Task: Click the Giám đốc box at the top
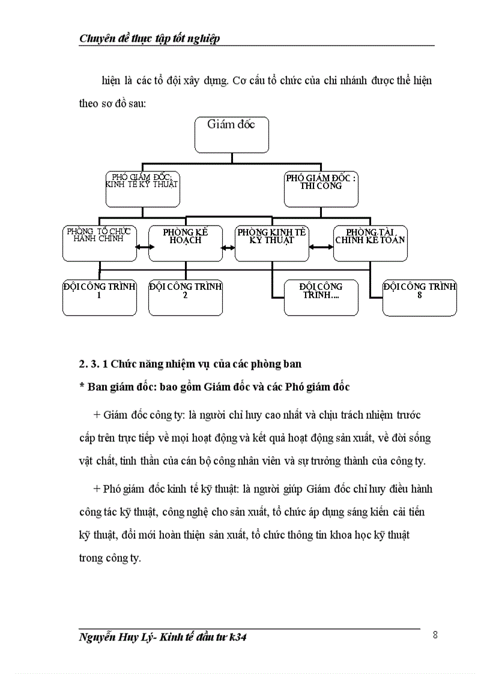(x=231, y=134)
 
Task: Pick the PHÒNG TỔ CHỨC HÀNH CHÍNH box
(x=100, y=243)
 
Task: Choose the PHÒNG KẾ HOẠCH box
(x=185, y=243)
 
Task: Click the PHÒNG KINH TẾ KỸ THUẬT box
(x=272, y=243)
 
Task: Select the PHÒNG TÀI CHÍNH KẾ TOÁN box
(x=370, y=243)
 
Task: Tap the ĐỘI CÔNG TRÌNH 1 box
(x=100, y=297)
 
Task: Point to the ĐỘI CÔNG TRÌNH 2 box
(x=185, y=297)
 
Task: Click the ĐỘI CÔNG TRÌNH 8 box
(x=419, y=297)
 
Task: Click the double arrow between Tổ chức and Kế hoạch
(x=142, y=246)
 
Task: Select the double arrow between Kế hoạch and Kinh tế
(x=228, y=246)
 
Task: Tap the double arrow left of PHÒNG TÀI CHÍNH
(x=321, y=246)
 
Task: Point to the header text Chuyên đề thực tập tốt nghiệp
(x=150, y=39)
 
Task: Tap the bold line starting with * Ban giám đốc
(x=214, y=387)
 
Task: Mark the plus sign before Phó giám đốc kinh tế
(x=97, y=489)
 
